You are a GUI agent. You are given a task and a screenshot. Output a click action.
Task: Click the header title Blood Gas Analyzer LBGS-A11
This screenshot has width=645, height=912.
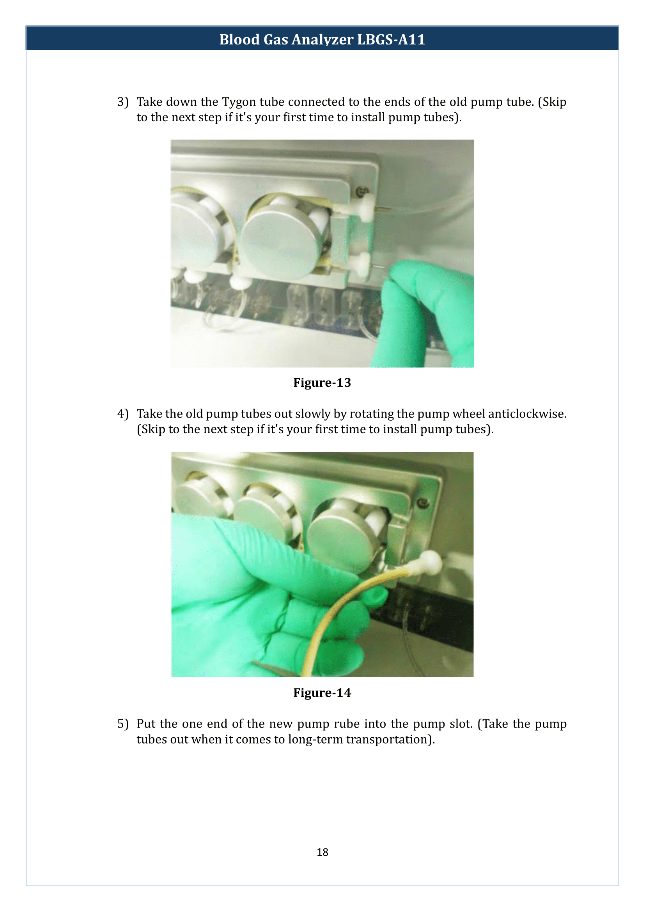322,39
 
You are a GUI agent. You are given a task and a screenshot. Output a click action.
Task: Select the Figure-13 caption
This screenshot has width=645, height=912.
322,383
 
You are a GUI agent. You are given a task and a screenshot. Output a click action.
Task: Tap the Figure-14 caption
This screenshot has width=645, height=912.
322,693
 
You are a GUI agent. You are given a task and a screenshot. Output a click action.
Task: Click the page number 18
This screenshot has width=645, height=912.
322,852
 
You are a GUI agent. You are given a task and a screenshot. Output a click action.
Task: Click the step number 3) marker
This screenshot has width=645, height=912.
123,102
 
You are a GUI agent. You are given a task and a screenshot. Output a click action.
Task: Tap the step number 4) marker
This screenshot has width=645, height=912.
123,414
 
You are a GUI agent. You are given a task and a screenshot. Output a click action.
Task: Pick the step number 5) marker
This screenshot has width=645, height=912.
123,724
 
